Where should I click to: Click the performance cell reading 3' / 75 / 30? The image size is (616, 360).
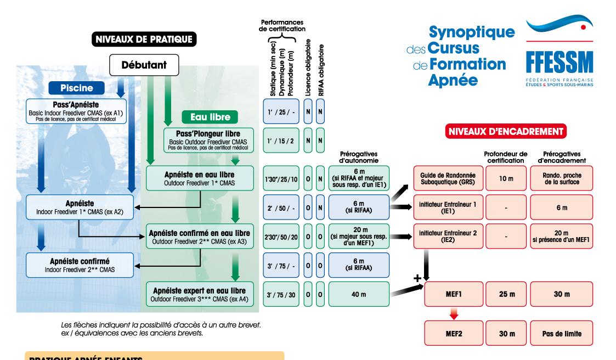click(x=281, y=294)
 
